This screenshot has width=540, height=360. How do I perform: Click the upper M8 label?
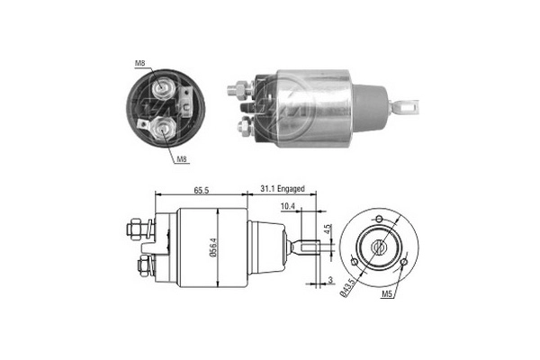click(x=140, y=62)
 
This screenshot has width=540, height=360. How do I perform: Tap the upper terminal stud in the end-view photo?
click(x=165, y=88)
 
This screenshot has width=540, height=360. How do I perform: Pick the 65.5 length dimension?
click(x=201, y=190)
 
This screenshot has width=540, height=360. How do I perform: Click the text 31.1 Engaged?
click(x=283, y=190)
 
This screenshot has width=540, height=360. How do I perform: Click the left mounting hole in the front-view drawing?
click(x=355, y=262)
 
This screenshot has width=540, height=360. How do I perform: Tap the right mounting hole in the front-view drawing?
click(x=405, y=262)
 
